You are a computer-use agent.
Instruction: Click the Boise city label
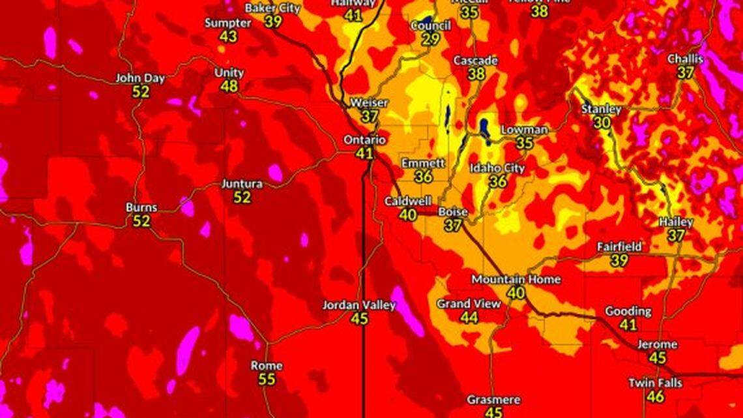452,212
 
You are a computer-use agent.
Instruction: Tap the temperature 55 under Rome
266,379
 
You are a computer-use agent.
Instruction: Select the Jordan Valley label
359,305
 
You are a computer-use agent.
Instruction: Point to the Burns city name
141,208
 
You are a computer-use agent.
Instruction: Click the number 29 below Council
430,39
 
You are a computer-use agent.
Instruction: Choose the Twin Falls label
655,383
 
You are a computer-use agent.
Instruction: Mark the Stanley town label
601,109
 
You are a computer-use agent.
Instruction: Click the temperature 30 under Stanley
602,123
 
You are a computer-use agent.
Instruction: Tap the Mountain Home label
516,279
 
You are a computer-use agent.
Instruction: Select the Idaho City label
497,168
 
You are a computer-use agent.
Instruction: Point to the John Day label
140,78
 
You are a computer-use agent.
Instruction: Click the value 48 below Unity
229,87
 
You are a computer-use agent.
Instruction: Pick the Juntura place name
242,184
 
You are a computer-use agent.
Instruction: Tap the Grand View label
469,304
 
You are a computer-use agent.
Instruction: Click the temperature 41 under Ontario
364,154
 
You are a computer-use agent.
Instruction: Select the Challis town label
685,59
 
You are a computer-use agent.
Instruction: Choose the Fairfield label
619,247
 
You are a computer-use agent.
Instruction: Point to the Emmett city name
423,163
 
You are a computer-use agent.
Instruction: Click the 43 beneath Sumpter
228,37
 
